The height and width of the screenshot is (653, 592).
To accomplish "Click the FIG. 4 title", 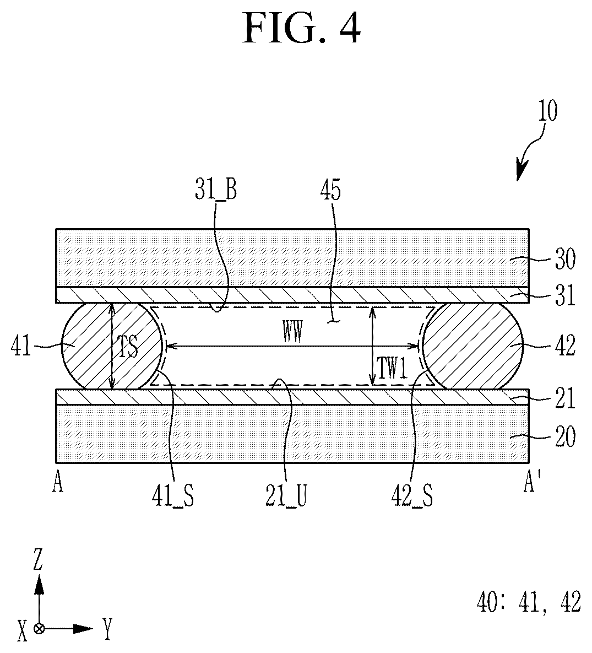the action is (301, 28).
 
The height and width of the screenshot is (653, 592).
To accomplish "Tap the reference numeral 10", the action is (547, 111).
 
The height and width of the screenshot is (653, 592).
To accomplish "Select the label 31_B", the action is (216, 190).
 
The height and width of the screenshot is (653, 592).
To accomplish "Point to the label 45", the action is (330, 190).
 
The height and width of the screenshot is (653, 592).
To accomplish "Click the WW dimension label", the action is (292, 333).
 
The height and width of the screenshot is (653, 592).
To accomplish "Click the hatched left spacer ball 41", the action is (112, 346).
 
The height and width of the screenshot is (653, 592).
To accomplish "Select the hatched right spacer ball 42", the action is (472, 346).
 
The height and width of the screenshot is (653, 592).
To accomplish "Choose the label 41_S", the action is (173, 496).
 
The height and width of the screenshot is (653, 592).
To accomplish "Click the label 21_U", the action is (286, 496).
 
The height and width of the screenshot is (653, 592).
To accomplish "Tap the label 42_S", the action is (412, 496).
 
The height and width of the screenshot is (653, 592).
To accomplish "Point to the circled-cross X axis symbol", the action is (39, 629).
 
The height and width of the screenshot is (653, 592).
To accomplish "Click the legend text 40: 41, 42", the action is (529, 602).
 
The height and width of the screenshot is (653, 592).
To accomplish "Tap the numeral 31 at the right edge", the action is (565, 295).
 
